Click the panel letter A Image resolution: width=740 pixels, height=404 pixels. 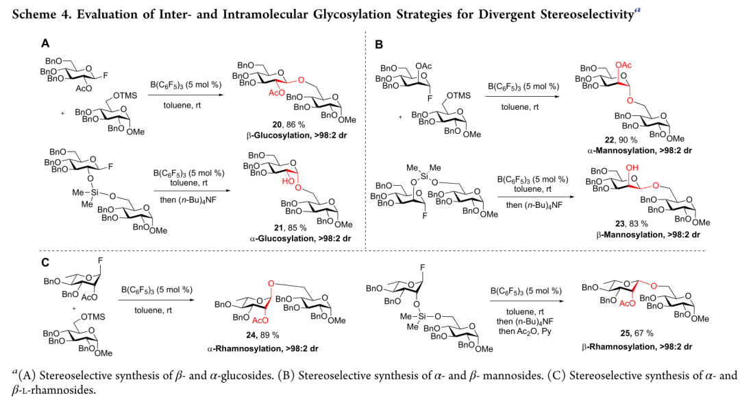pos(45,43)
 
